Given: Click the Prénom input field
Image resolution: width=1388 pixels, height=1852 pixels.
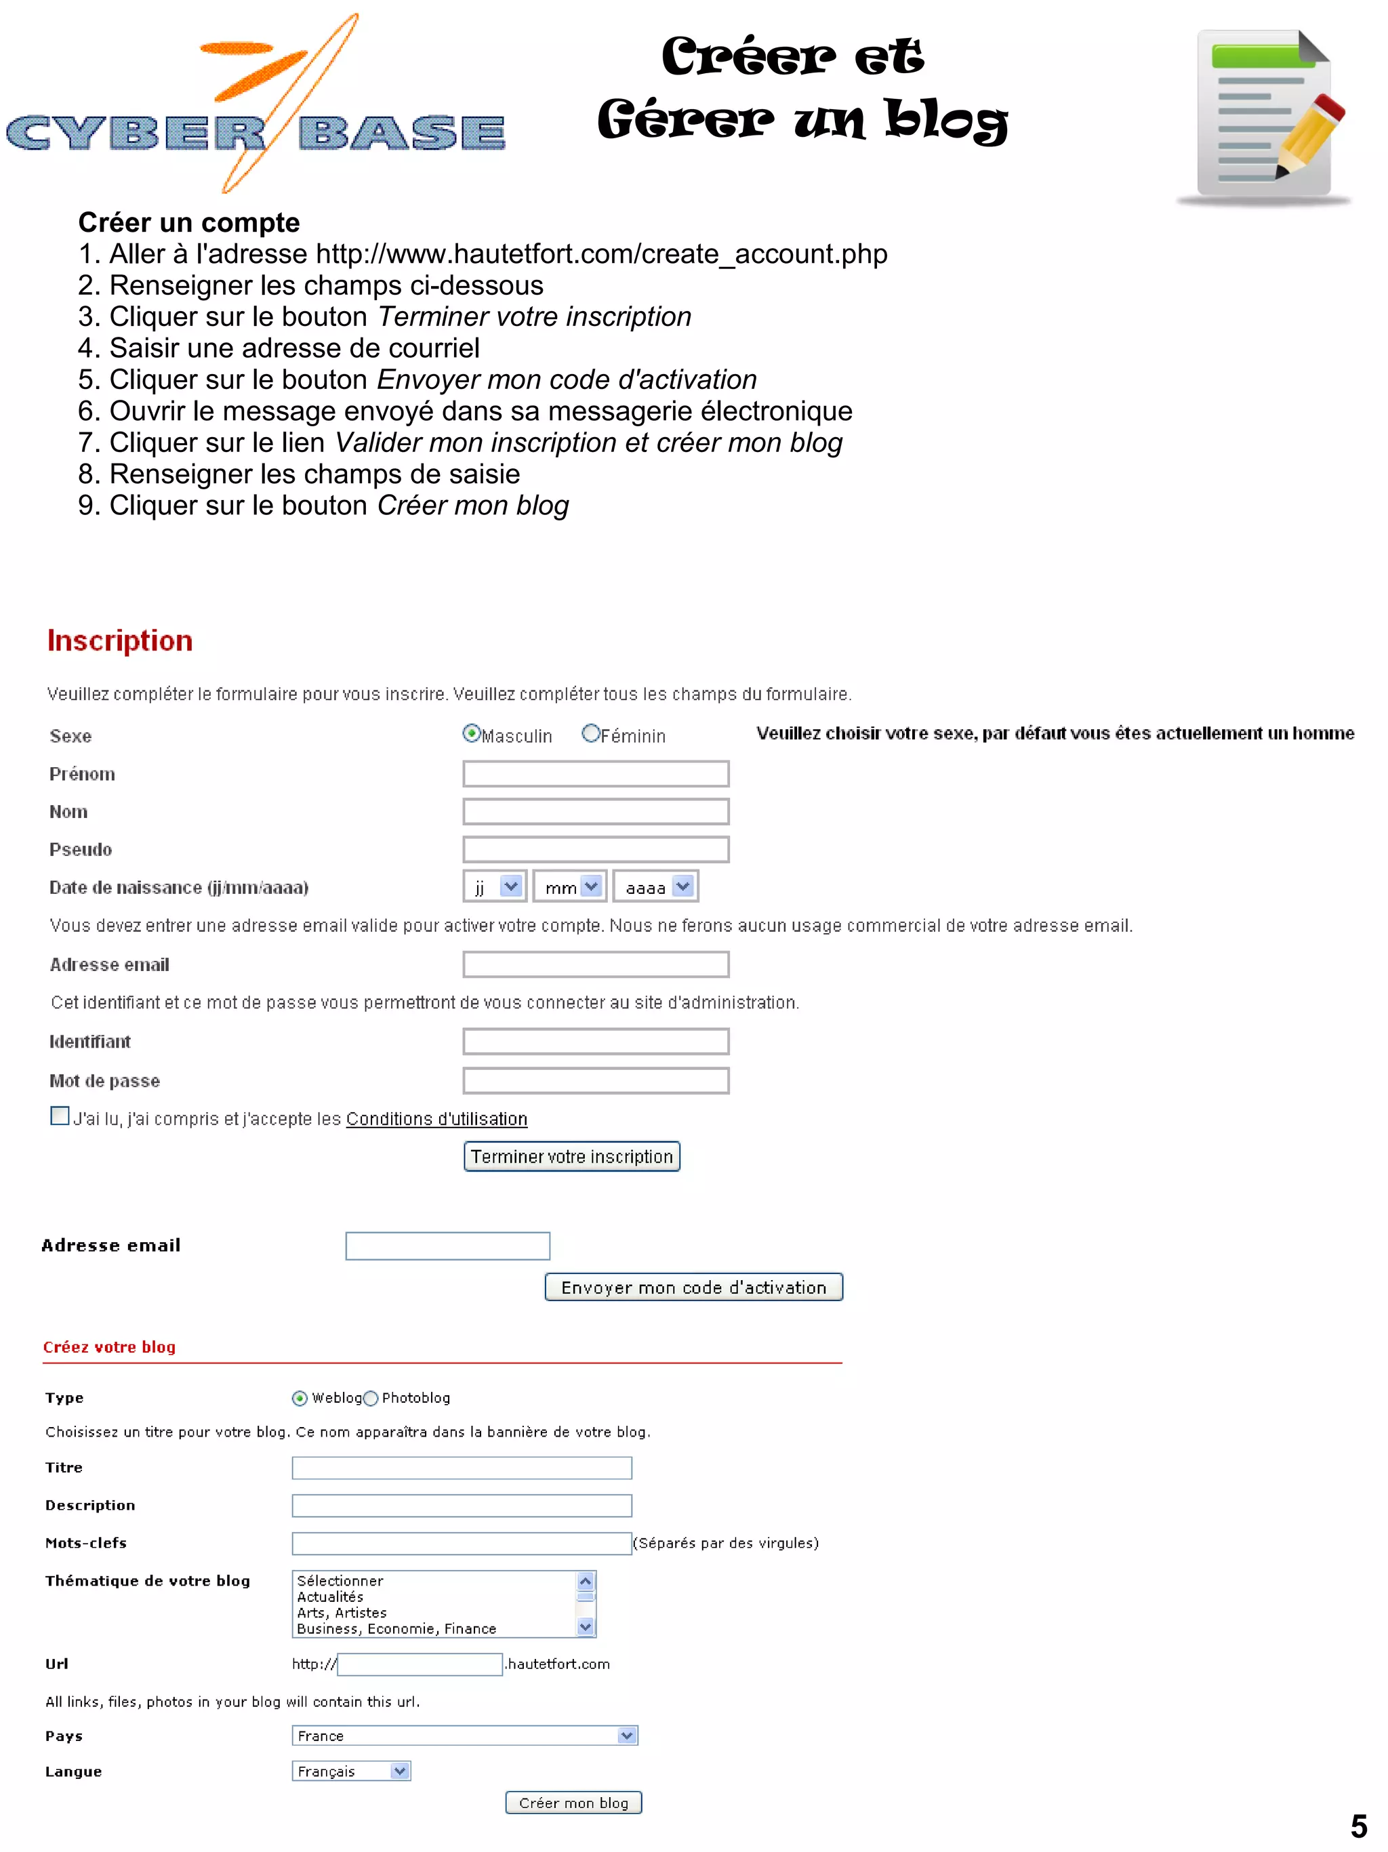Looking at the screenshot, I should pos(595,774).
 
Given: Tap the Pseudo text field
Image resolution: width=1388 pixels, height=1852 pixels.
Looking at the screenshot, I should pos(595,849).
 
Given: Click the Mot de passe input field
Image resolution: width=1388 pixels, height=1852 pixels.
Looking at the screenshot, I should pos(595,1081).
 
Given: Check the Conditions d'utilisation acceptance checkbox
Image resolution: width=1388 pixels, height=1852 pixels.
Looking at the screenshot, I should pos(60,1116).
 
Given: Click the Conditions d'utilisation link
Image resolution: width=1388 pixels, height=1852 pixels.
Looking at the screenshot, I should pos(436,1119).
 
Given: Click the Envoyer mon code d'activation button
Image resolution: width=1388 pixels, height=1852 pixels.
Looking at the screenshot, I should pos(693,1288).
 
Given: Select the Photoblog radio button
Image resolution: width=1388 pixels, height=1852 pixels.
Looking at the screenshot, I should pos(371,1398).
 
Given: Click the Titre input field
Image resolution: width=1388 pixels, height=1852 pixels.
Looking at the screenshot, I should pos(462,1468).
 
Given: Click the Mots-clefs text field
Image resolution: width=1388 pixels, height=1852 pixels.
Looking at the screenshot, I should pos(462,1543).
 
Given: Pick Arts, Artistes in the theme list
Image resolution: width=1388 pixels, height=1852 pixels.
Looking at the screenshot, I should pos(342,1613).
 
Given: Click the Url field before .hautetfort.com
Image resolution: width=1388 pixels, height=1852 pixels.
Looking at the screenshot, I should pos(420,1664).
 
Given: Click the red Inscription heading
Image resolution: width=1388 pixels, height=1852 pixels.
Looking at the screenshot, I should pos(120,640).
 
